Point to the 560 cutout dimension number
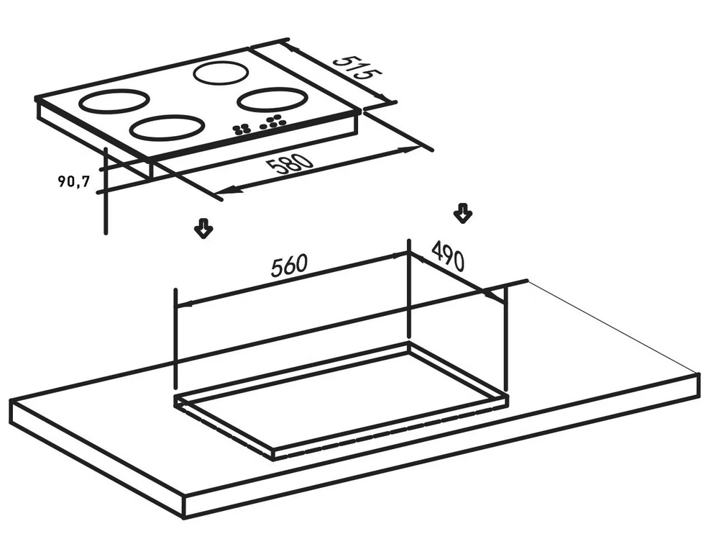[x=289, y=266]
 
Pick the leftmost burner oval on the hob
[x=114, y=101]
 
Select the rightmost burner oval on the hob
[x=273, y=99]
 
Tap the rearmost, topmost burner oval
[x=221, y=73]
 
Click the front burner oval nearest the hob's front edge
[x=167, y=127]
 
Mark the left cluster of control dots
[x=242, y=130]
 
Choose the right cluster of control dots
[x=272, y=122]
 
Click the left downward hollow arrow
[x=203, y=227]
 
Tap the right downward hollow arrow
[x=462, y=214]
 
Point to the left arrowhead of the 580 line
[x=224, y=189]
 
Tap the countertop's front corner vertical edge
[x=184, y=507]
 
